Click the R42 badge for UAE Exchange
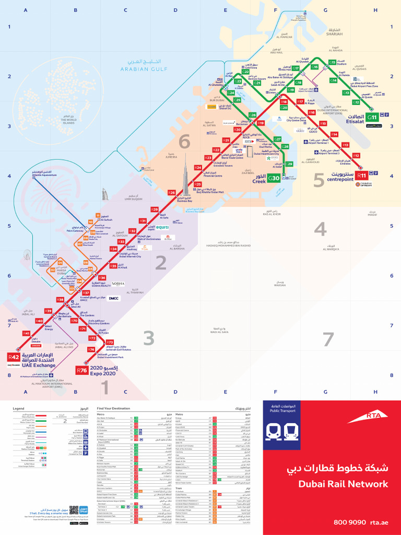[x=14, y=357]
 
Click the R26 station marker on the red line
[x=172, y=193]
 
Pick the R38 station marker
[x=61, y=300]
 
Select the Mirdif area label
[x=372, y=214]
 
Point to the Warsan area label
[x=280, y=285]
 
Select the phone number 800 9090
[x=349, y=522]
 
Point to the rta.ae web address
[x=380, y=522]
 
